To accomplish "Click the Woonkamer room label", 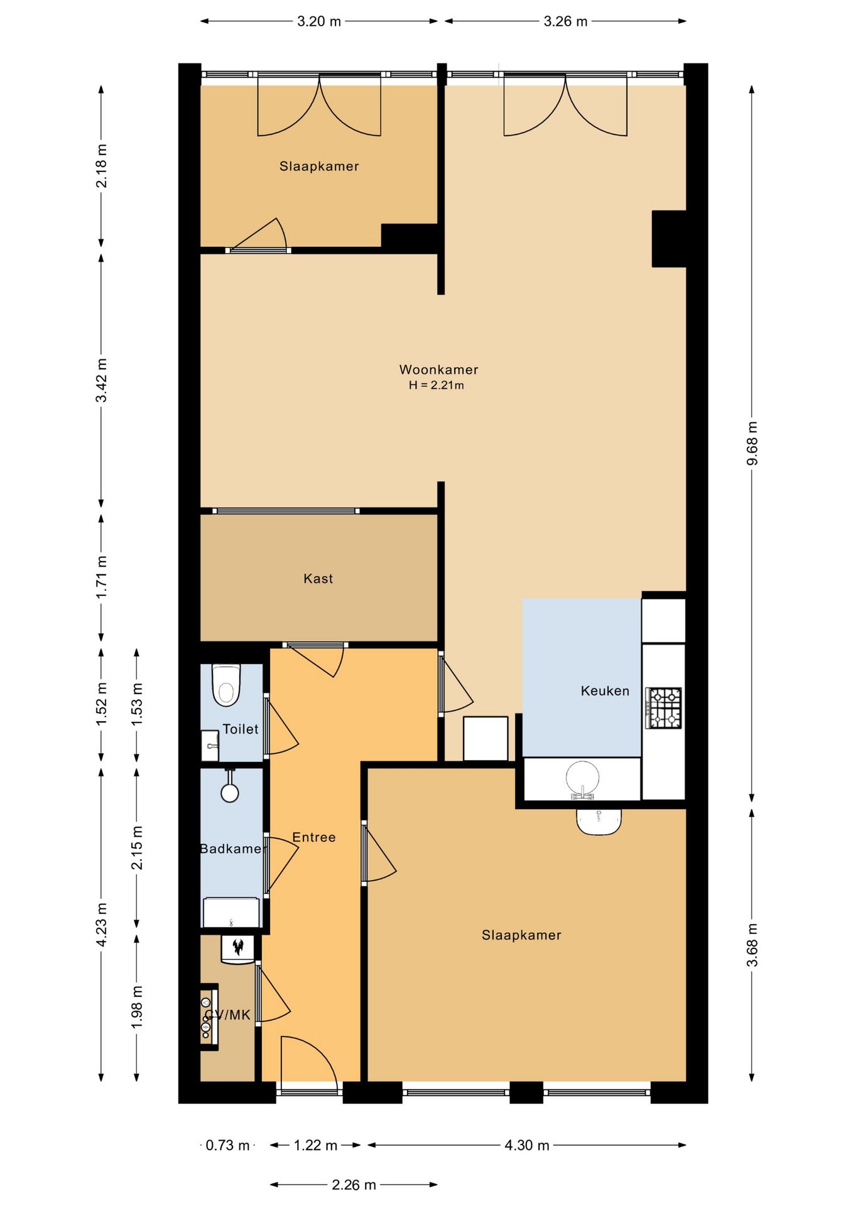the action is [438, 369].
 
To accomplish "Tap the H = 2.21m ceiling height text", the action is [437, 386].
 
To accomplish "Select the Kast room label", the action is [318, 579].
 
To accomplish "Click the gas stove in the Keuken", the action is [665, 708].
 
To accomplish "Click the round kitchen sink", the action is [583, 779].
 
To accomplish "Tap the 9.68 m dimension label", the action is [752, 443].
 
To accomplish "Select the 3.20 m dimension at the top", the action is [319, 21].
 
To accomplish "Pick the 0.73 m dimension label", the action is [227, 1145].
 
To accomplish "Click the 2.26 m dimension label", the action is [354, 1185].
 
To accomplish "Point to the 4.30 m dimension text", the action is [527, 1145].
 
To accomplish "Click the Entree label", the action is [314, 837].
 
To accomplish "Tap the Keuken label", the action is [605, 691].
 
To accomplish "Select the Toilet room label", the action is [241, 729].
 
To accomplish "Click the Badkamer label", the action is [231, 849].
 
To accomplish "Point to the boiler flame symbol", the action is [238, 947].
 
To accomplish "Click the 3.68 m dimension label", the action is [752, 945].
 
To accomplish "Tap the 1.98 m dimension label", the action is [137, 1007].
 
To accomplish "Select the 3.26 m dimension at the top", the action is [565, 21].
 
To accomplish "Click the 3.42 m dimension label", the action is [101, 380].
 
